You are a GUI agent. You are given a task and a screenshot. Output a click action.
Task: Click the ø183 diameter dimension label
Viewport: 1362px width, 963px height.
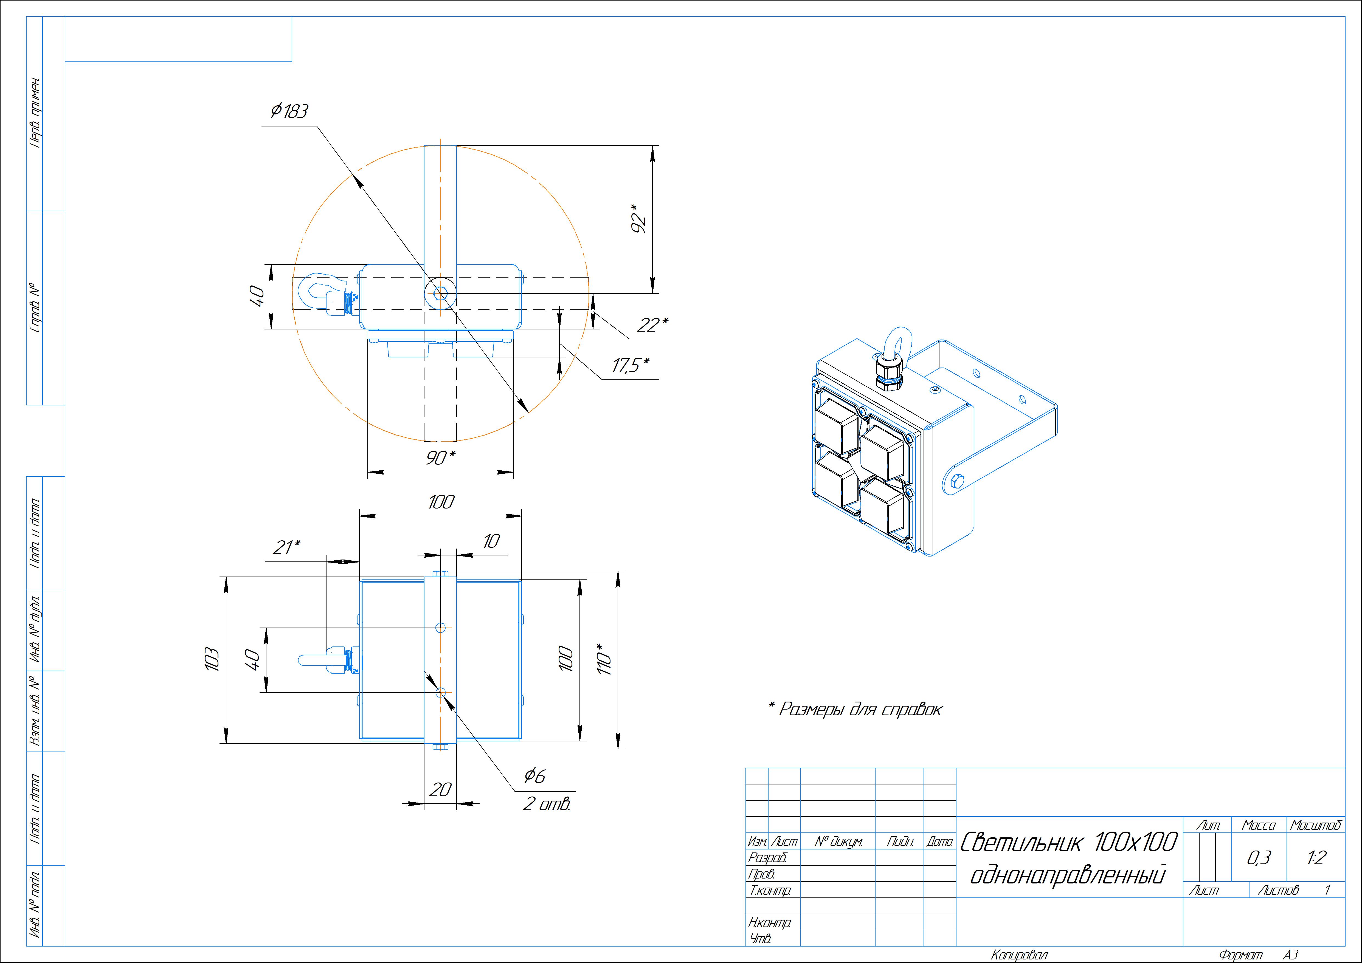click(289, 111)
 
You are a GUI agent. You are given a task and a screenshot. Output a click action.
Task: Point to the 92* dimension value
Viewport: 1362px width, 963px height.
click(638, 218)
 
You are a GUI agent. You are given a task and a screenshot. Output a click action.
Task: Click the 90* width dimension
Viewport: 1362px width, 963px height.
click(441, 457)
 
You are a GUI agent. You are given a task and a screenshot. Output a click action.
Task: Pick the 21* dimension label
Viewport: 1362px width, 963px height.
click(286, 547)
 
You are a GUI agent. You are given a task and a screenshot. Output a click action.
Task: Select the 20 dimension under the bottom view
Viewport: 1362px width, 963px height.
click(440, 789)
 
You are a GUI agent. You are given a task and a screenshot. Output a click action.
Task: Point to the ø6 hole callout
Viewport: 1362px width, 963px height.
click(534, 775)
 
